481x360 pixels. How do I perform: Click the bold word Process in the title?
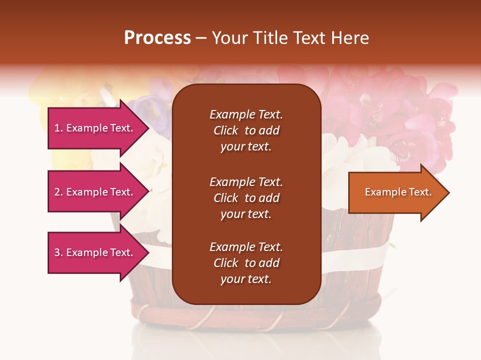click(x=157, y=38)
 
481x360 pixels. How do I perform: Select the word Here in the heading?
click(x=349, y=38)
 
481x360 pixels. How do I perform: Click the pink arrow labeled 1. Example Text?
click(x=95, y=128)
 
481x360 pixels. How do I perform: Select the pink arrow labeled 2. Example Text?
click(x=95, y=192)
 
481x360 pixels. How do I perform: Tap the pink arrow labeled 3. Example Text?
click(x=95, y=252)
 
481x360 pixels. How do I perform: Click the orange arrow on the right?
click(x=396, y=192)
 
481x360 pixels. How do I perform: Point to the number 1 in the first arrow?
click(x=57, y=128)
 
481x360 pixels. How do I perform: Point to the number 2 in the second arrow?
click(x=57, y=192)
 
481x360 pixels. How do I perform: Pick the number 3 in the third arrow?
click(x=57, y=252)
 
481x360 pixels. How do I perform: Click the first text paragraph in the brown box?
click(x=246, y=130)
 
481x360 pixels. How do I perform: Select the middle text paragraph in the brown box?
click(x=246, y=198)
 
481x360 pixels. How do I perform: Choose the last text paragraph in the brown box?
click(x=246, y=263)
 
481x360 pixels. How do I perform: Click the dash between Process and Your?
click(x=201, y=38)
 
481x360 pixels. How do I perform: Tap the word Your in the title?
click(x=229, y=38)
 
